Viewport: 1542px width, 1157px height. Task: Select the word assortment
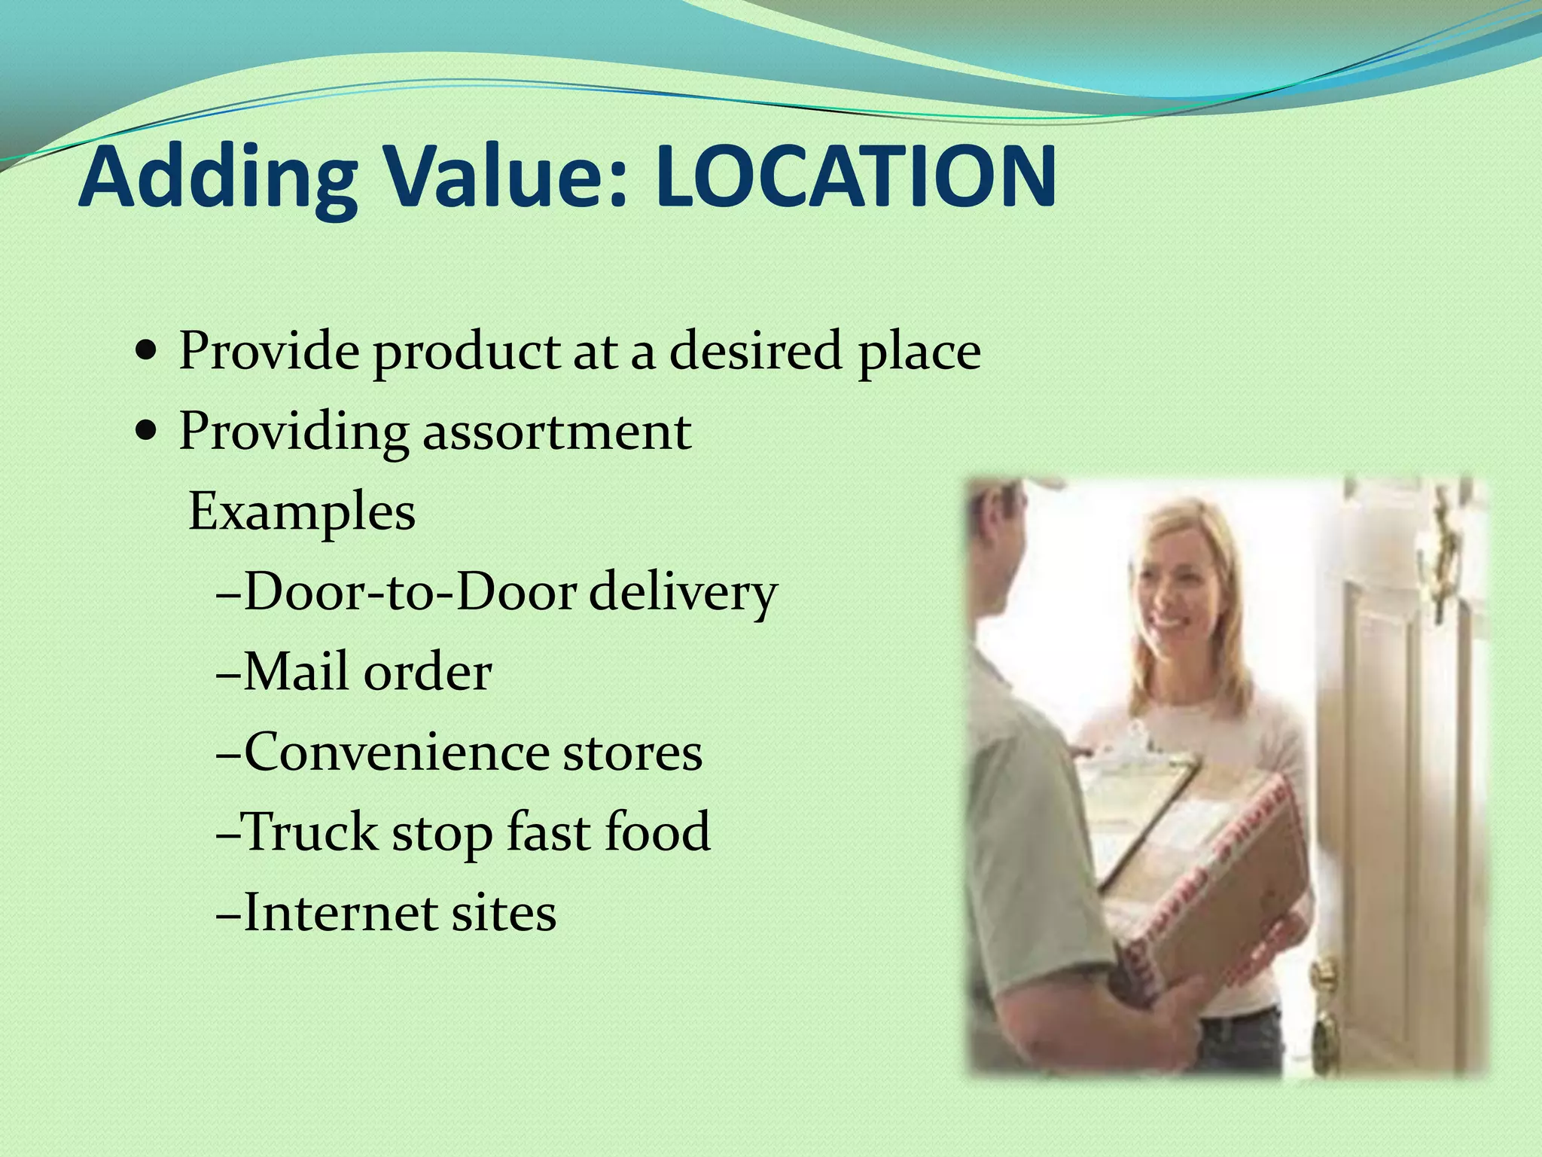tap(557, 432)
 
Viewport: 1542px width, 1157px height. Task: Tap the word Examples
tap(301, 512)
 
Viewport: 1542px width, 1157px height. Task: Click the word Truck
tap(311, 832)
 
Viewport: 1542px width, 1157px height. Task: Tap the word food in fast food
tap(658, 832)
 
